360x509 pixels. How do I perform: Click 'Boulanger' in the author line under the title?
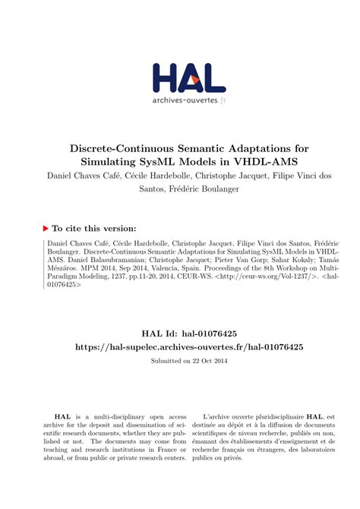click(214, 189)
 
